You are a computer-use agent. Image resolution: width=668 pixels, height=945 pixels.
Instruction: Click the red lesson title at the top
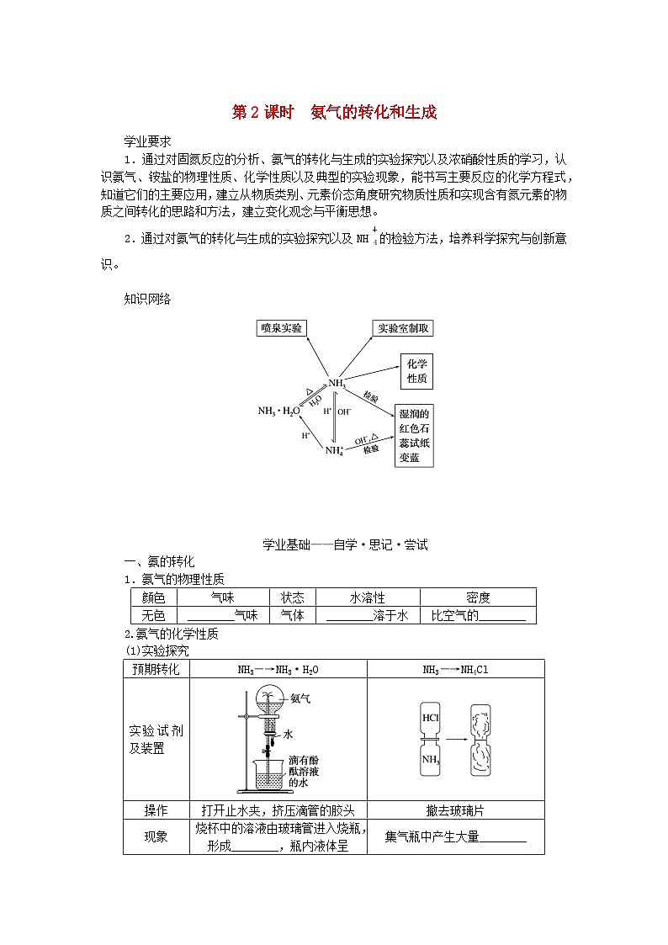pyautogui.click(x=334, y=113)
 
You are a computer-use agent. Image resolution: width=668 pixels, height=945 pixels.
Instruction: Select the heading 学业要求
pyautogui.click(x=147, y=141)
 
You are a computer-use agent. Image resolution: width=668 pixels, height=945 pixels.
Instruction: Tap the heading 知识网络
pyautogui.click(x=147, y=299)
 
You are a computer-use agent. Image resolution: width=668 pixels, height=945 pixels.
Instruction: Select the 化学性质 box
pyautogui.click(x=416, y=371)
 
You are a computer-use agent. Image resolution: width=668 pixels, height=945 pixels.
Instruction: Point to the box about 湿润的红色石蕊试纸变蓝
pyautogui.click(x=415, y=436)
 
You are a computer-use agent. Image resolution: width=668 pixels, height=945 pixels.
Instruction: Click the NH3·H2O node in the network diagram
pyautogui.click(x=278, y=411)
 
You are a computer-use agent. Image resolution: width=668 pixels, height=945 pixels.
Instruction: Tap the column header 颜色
pyautogui.click(x=155, y=597)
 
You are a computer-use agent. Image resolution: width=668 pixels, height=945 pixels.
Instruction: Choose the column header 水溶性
pyautogui.click(x=367, y=597)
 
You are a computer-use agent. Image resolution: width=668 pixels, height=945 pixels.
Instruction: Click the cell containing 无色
pyautogui.click(x=155, y=615)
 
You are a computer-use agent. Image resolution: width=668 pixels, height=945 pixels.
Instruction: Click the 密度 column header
pyautogui.click(x=478, y=597)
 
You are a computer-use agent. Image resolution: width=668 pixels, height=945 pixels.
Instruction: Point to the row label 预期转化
pyautogui.click(x=156, y=669)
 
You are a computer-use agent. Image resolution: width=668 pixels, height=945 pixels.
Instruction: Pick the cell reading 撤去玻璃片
pyautogui.click(x=455, y=810)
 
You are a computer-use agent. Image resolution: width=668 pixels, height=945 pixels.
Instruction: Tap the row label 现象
pyautogui.click(x=156, y=836)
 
